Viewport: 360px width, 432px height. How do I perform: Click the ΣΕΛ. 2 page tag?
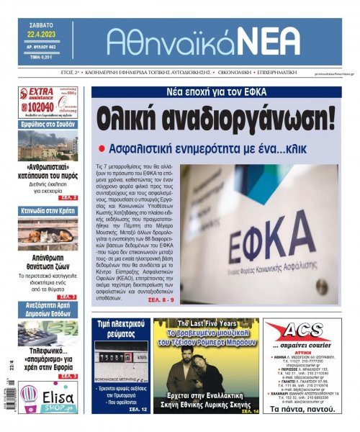point(68,197)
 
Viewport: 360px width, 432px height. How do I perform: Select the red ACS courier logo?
point(302,333)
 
